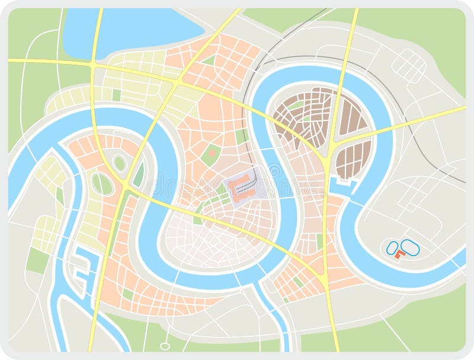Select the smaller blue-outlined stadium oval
point(392,247)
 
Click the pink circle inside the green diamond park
point(212,154)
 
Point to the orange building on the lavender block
point(240,186)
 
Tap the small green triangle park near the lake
point(209,60)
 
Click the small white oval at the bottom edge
point(165,346)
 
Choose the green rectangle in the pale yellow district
point(116,95)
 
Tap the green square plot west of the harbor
point(38,260)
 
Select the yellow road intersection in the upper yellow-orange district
point(178,83)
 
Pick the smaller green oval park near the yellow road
point(120,163)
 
